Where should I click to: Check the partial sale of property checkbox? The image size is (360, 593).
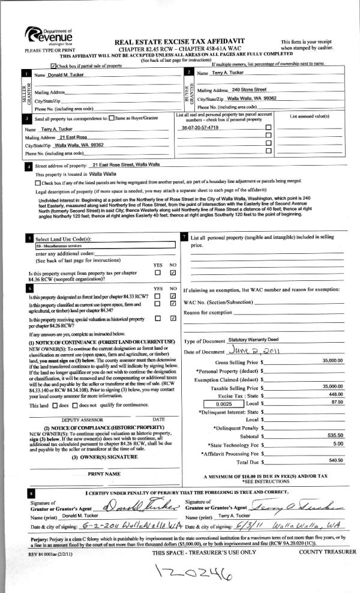(55, 65)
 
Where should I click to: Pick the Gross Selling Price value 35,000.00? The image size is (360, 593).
(332, 361)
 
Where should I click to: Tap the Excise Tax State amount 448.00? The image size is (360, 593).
(335, 396)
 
